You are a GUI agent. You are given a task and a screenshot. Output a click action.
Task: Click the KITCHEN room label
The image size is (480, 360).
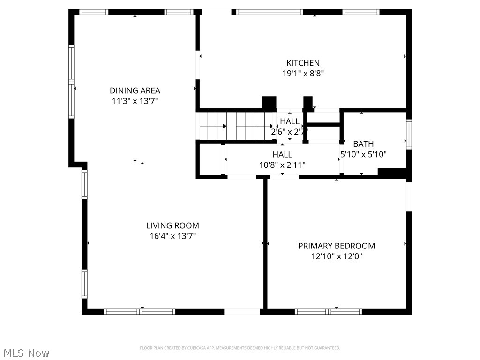click(303, 63)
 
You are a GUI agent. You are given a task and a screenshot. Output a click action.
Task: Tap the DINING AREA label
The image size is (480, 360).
click(135, 90)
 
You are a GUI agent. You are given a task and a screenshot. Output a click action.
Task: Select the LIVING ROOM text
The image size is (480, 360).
click(172, 225)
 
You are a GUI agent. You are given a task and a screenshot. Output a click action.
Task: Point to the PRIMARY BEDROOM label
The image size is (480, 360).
click(337, 246)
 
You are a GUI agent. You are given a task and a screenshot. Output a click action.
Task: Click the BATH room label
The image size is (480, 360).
click(363, 144)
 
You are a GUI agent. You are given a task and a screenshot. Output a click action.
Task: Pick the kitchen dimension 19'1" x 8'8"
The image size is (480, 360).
click(303, 74)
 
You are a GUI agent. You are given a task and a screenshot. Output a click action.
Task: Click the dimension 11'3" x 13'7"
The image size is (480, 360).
click(135, 101)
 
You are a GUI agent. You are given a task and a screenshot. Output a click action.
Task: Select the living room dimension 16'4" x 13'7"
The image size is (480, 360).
click(172, 236)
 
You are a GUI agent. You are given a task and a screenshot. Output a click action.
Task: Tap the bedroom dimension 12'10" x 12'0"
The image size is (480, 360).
click(337, 256)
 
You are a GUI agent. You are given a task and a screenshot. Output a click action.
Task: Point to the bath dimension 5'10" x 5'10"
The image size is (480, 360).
click(363, 154)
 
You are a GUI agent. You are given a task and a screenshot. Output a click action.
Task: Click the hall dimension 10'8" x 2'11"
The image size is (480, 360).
click(282, 165)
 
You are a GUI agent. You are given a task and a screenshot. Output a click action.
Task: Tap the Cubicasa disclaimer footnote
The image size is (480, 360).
click(240, 348)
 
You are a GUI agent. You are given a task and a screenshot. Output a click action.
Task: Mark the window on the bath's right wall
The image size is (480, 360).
click(409, 134)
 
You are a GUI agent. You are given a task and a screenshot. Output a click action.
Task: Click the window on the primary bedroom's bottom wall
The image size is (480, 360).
click(329, 311)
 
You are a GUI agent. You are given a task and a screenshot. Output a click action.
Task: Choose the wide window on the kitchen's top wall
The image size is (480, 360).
click(269, 12)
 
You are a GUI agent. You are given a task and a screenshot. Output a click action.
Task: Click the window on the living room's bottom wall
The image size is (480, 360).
click(140, 311)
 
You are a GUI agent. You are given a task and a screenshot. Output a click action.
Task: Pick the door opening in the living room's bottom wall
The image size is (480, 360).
click(242, 311)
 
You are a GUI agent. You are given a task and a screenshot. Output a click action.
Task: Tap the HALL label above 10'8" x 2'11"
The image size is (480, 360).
click(282, 154)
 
